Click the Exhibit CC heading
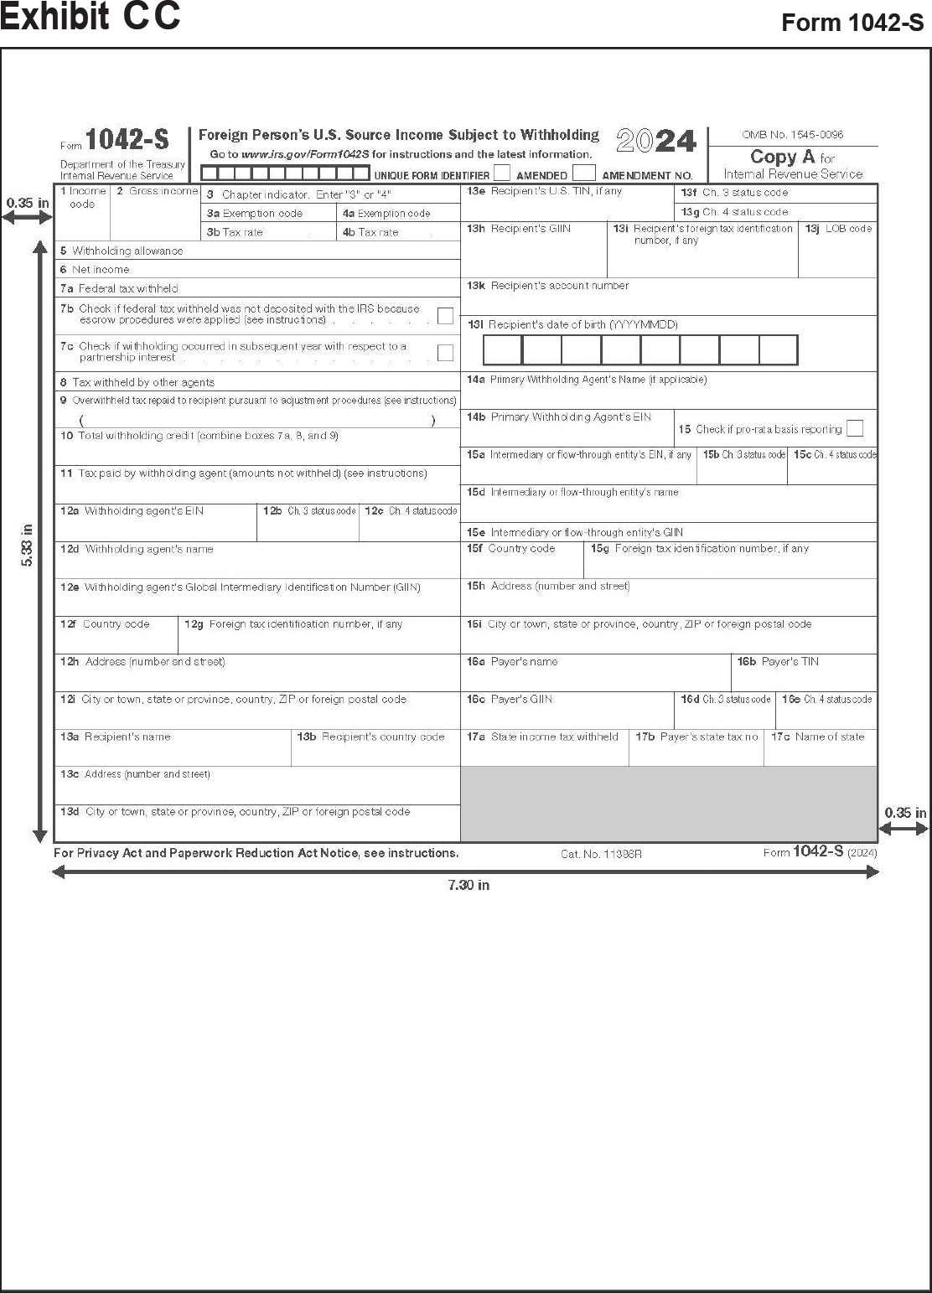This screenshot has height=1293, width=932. tap(91, 17)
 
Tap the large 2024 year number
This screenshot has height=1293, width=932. tap(655, 141)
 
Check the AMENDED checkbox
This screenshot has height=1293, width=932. tap(502, 173)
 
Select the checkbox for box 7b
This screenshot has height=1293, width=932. tap(445, 315)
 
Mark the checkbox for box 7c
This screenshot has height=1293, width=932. tap(445, 352)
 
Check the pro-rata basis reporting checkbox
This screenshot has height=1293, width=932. tap(854, 428)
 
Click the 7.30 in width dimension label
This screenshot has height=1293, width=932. tap(469, 885)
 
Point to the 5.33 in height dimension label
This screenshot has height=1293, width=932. tap(27, 545)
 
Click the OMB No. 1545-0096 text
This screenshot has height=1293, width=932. tap(792, 134)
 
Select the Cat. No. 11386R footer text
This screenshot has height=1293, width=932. tap(601, 854)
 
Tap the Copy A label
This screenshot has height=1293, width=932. tap(783, 157)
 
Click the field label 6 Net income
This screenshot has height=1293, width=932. tap(95, 270)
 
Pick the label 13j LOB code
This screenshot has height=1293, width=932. tap(838, 228)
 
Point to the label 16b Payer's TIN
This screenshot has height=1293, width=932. tap(778, 662)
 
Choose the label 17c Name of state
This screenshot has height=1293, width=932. tap(817, 737)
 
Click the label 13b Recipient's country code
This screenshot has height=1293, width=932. tap(370, 737)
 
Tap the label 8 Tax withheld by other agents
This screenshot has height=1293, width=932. tap(137, 382)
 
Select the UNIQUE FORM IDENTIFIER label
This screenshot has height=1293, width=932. tap(432, 176)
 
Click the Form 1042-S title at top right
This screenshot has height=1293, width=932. tap(852, 23)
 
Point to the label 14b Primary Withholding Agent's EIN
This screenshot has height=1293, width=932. tap(559, 416)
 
